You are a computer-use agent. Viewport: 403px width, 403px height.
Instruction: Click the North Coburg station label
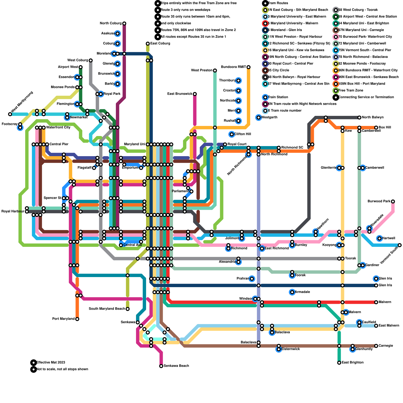(111, 23)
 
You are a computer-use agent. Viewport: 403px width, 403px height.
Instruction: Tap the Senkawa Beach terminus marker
(161, 366)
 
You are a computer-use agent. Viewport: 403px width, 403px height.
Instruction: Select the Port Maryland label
(63, 319)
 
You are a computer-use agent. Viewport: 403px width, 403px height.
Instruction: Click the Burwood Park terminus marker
(393, 201)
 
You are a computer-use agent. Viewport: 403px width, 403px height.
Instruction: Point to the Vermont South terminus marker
(400, 245)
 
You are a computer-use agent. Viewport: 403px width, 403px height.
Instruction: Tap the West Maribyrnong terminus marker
(10, 114)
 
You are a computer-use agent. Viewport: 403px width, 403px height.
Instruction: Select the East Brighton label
(353, 363)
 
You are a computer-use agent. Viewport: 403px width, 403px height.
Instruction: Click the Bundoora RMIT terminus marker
(249, 67)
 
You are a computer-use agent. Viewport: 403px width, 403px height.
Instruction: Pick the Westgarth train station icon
(258, 117)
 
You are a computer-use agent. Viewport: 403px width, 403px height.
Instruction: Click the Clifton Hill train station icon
(232, 134)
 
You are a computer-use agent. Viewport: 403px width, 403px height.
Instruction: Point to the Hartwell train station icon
(380, 238)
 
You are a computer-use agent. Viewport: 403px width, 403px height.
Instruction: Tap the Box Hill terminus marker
(376, 128)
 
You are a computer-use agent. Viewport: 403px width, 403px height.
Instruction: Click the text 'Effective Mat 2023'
(51, 363)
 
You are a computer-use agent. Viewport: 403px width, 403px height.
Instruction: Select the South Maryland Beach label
(107, 309)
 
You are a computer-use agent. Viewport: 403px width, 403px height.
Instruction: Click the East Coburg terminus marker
(148, 44)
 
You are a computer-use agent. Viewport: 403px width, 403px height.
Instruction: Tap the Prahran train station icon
(252, 279)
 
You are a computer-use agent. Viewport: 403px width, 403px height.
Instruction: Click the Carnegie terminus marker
(376, 346)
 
